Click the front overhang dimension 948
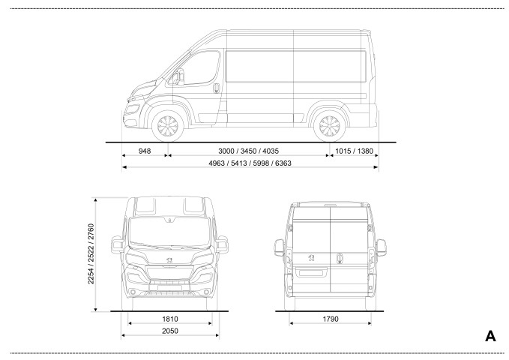point(145,151)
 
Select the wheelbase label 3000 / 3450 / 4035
point(248,151)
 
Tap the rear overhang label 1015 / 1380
point(354,151)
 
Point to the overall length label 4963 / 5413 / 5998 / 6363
point(250,163)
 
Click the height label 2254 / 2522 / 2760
point(91,253)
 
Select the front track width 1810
point(170,319)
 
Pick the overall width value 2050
point(170,331)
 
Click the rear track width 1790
point(331,319)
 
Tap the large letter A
point(490,336)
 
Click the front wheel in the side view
point(167,126)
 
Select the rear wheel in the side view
point(329,126)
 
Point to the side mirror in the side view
point(179,77)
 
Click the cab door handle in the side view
point(217,88)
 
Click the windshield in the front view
point(169,232)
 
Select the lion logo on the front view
point(169,259)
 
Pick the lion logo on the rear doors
point(311,258)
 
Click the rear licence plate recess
point(311,271)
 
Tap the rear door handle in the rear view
point(340,258)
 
